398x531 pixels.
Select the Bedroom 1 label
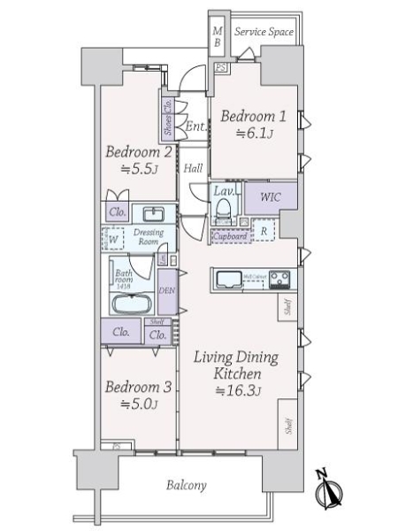(x=253, y=116)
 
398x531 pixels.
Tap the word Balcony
(x=186, y=485)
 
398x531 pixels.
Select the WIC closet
(x=270, y=196)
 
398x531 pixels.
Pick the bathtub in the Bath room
(x=133, y=301)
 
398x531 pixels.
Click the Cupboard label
(x=228, y=236)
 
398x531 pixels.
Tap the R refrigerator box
(x=263, y=232)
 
